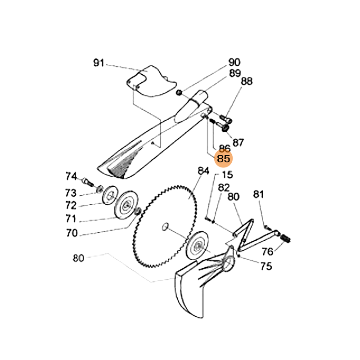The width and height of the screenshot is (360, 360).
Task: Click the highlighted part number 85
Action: [224, 158]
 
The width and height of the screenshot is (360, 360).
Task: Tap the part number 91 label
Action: [99, 63]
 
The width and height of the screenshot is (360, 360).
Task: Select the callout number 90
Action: [234, 63]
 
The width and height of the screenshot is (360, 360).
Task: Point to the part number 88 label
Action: [247, 81]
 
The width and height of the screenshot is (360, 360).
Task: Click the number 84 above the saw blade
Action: [204, 171]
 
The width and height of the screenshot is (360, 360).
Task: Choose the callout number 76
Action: [267, 251]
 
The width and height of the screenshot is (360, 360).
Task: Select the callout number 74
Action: [72, 176]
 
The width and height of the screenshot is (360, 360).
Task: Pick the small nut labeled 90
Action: [179, 93]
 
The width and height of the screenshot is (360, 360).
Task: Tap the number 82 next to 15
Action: [224, 187]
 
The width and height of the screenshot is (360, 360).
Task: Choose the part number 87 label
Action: [238, 143]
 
